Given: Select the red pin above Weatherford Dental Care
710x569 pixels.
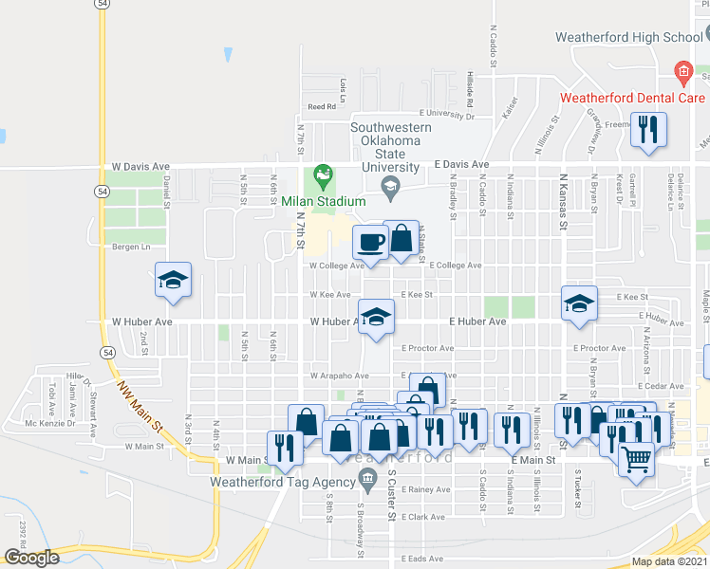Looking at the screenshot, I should click(x=682, y=72).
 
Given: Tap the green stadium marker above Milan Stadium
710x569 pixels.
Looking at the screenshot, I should click(x=324, y=174).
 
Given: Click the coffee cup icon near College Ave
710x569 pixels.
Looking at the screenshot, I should click(x=370, y=243).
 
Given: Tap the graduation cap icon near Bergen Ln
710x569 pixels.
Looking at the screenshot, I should click(x=174, y=280).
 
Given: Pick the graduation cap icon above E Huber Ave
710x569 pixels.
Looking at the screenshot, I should click(x=577, y=303).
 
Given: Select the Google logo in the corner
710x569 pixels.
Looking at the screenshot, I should click(x=31, y=558).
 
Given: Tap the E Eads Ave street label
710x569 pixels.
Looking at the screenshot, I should click(x=421, y=559).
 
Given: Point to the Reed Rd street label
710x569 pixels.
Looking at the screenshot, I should click(x=322, y=107).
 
